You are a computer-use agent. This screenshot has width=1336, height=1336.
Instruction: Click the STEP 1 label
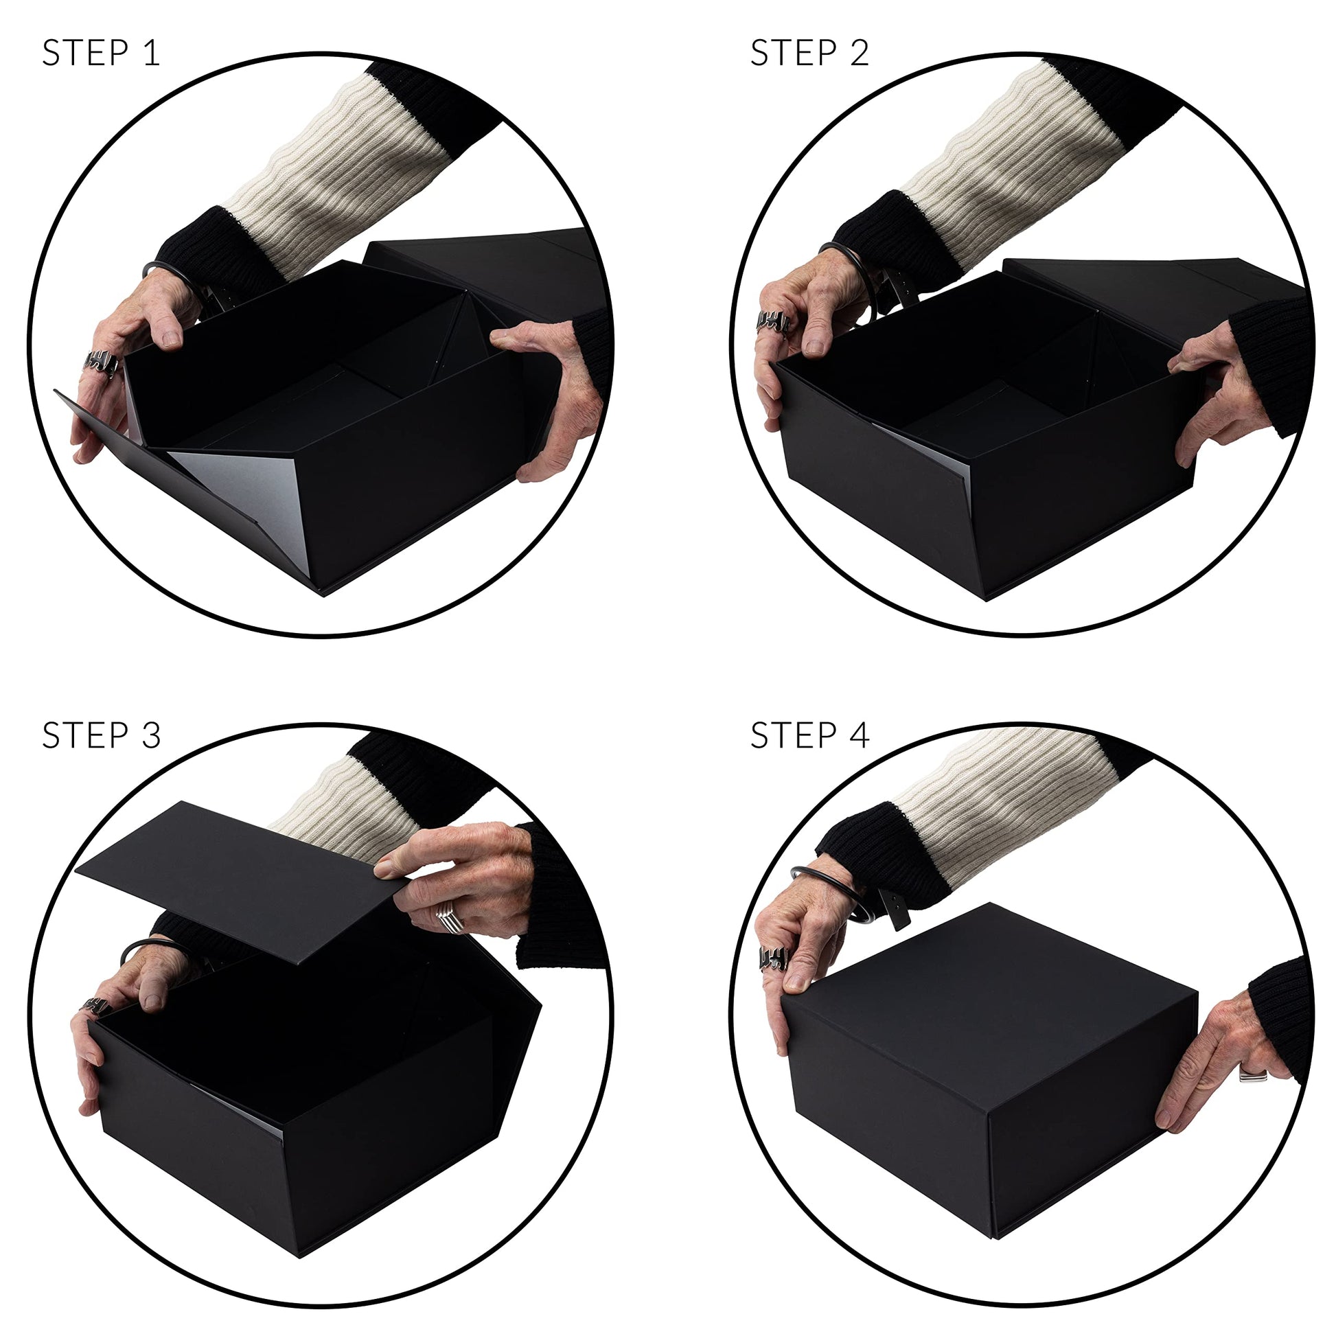pyautogui.click(x=101, y=54)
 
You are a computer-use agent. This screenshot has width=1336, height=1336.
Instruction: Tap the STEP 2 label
pyautogui.click(x=809, y=54)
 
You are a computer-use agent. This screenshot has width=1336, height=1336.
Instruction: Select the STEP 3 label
pyautogui.click(x=101, y=735)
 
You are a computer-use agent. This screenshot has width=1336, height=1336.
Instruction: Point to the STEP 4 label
pyautogui.click(x=809, y=735)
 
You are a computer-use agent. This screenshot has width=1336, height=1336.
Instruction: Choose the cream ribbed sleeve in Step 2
pyautogui.click(x=1024, y=159)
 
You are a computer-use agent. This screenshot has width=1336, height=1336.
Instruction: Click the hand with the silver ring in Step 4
pyautogui.click(x=1224, y=1065)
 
